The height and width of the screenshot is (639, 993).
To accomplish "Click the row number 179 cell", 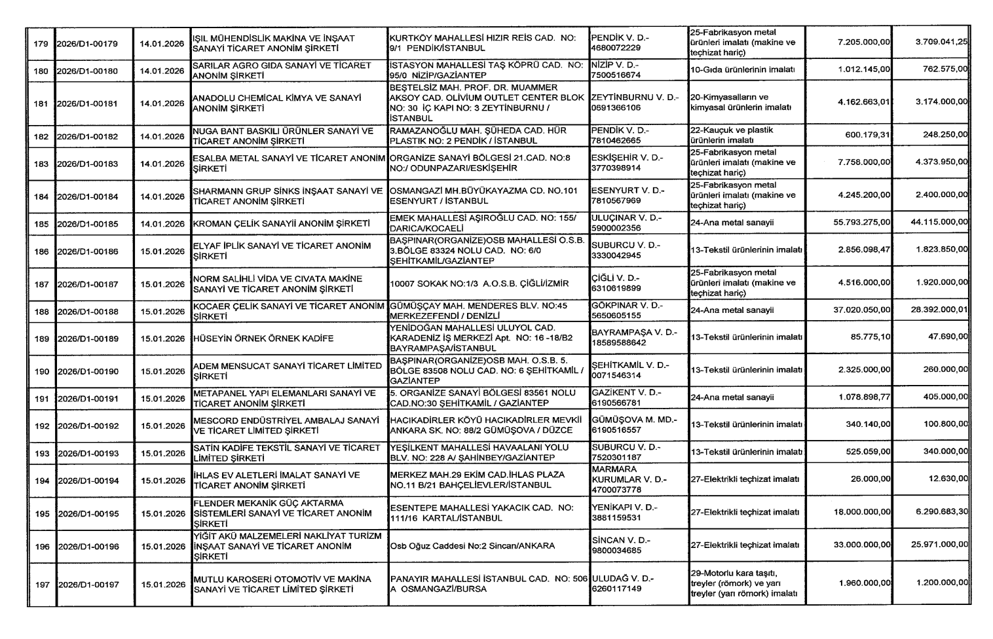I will pyautogui.click(x=41, y=44).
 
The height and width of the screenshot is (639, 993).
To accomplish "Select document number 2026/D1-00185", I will pyautogui.click(x=88, y=224).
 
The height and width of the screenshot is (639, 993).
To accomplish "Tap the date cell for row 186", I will pyautogui.click(x=162, y=251).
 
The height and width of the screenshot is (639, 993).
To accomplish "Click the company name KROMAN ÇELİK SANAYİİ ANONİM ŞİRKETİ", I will pyautogui.click(x=282, y=224).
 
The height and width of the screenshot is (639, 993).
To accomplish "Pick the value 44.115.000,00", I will pyautogui.click(x=939, y=223).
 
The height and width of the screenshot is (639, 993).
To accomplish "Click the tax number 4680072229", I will pyautogui.click(x=616, y=48).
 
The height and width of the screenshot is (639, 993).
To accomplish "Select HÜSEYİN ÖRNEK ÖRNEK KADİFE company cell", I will pyautogui.click(x=263, y=338).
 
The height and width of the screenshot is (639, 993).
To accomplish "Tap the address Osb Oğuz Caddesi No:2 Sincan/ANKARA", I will pyautogui.click(x=472, y=546).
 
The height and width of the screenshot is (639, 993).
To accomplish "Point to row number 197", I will pyautogui.click(x=41, y=584).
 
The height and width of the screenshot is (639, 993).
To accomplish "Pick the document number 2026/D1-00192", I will pyautogui.click(x=88, y=426).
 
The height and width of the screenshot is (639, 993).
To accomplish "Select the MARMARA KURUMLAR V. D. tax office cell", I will pyautogui.click(x=629, y=480).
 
